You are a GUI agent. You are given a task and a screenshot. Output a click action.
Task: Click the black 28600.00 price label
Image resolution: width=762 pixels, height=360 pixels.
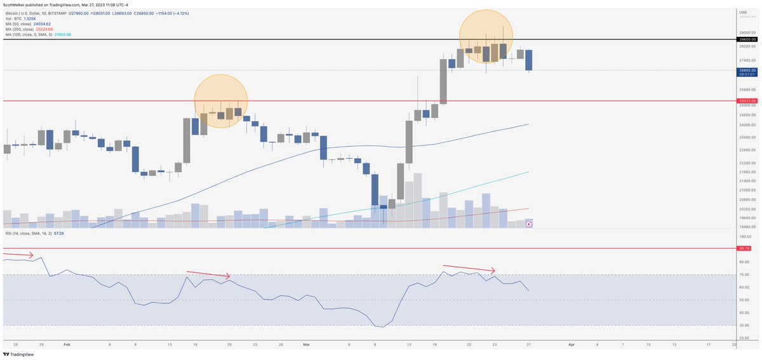point(747,39)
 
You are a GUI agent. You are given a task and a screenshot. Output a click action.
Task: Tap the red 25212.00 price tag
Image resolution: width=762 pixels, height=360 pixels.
point(747,100)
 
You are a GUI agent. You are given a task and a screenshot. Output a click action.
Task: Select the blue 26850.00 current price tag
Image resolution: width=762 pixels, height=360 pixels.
point(747,70)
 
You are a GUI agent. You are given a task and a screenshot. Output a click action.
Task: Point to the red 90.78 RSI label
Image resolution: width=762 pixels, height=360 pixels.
point(744,248)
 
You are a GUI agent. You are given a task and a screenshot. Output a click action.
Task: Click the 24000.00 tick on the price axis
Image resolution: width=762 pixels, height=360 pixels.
point(747,125)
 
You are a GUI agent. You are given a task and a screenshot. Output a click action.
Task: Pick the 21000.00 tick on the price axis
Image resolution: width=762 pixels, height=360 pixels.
point(747,190)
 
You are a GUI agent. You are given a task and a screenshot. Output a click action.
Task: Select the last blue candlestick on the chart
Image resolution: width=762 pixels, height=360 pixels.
point(528,60)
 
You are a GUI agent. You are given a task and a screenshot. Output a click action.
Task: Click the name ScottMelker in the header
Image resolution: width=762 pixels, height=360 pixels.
point(17,4)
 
